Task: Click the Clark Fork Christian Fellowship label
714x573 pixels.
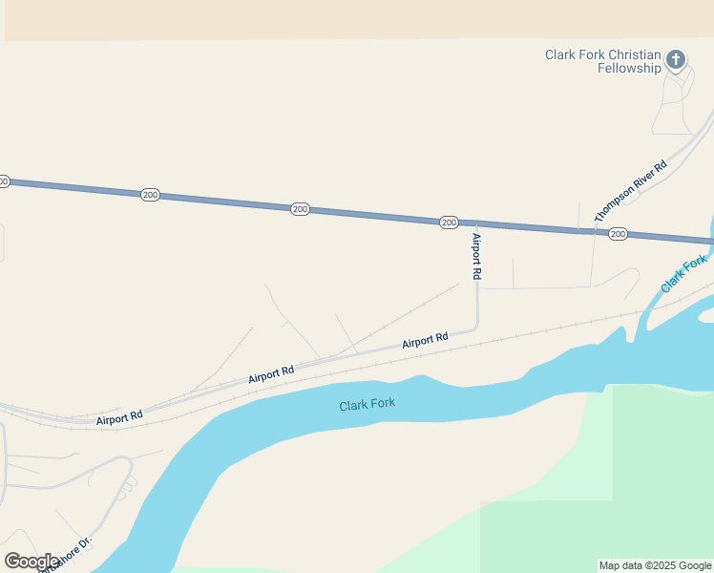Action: point(603,61)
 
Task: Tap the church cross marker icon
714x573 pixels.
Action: point(676,60)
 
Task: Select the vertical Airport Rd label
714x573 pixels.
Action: point(476,256)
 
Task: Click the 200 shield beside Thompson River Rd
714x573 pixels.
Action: point(618,234)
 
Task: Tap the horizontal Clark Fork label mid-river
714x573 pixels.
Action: point(367,405)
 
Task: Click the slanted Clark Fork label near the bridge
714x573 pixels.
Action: point(683,274)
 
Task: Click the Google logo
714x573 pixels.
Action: point(31,562)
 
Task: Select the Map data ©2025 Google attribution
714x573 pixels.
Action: point(655,565)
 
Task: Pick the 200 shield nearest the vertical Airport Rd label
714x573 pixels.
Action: point(449,223)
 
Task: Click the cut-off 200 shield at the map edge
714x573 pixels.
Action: point(3,180)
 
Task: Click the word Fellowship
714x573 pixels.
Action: point(629,68)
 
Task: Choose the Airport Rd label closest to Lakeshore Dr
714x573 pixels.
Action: point(119,417)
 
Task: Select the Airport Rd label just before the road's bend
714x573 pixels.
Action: point(425,340)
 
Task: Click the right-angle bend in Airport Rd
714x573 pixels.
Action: point(476,327)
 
